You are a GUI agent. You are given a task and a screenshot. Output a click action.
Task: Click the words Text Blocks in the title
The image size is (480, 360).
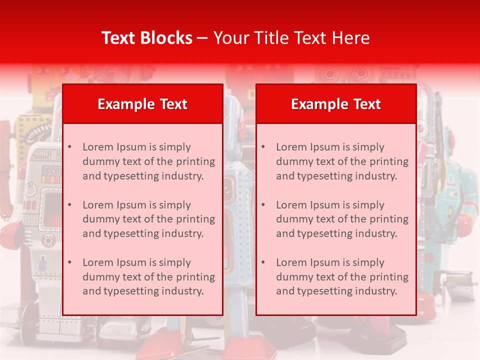[147, 38]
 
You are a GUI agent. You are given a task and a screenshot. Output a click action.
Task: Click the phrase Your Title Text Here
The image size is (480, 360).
[291, 38]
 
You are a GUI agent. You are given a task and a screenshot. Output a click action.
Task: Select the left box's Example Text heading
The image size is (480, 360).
[142, 104]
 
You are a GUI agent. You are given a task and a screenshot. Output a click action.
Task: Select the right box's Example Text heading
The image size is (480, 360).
[336, 104]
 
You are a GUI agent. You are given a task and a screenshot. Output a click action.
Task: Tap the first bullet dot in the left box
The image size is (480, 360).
[69, 147]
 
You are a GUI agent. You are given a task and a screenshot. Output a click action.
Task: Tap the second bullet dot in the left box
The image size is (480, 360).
[69, 205]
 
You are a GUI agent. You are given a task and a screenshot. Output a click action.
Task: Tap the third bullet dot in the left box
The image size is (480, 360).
[69, 262]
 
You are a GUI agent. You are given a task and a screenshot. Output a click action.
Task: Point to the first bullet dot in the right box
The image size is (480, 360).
[263, 147]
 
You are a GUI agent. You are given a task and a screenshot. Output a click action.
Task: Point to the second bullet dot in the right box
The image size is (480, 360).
[263, 205]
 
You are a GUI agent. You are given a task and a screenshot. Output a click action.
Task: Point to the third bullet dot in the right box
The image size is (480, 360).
[263, 262]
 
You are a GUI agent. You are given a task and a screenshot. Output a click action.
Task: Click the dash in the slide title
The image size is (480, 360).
[202, 38]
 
